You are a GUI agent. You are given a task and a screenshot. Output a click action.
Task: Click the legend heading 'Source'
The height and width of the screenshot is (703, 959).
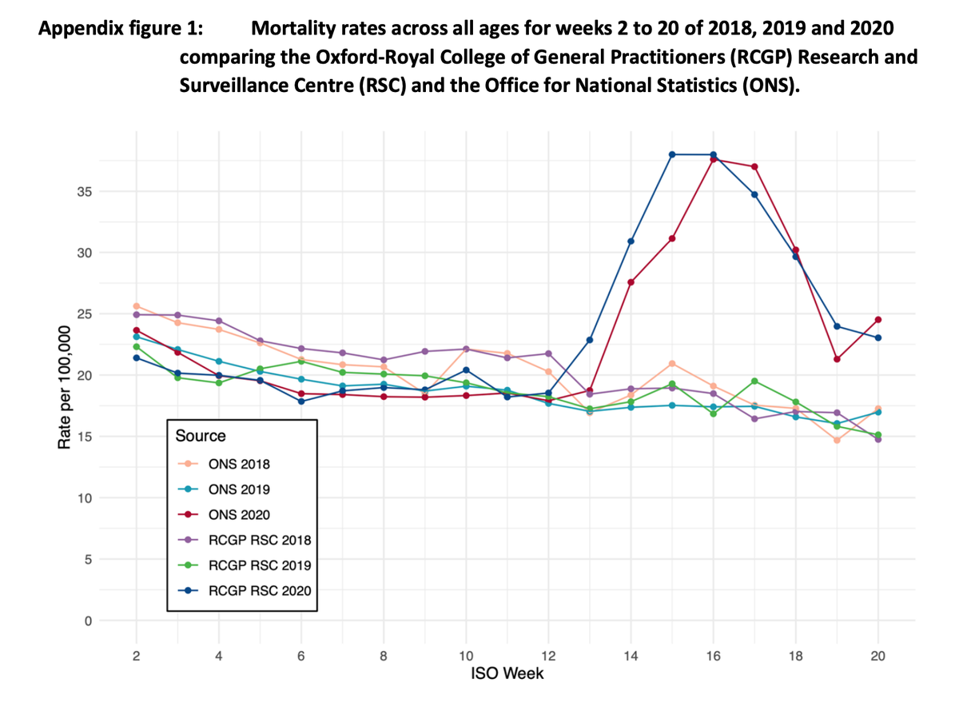pos(201,436)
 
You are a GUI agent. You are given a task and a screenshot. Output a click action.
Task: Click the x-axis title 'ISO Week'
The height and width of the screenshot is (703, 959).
pos(507,674)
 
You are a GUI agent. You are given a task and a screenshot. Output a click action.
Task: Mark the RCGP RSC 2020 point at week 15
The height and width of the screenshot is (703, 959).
pos(672,154)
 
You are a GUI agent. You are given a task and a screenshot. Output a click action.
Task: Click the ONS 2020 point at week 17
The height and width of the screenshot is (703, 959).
pos(754,166)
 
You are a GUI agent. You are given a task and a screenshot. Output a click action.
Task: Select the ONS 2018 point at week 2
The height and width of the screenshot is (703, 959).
pos(136,306)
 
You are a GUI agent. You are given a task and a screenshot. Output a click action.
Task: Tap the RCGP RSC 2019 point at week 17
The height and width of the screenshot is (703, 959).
pos(754,381)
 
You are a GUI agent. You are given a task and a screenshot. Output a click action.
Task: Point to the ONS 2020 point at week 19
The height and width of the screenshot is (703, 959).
pos(837,359)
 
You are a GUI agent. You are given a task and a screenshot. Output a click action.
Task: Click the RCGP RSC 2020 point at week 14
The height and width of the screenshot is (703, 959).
pos(631,242)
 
